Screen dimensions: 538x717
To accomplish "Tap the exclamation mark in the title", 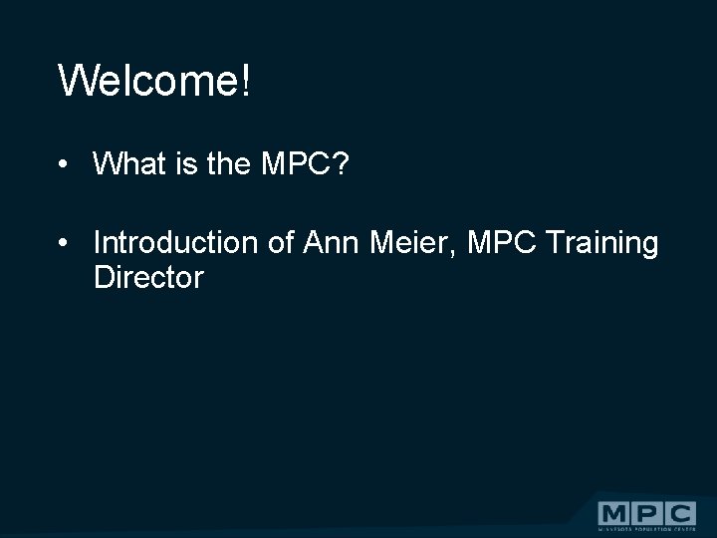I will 245,80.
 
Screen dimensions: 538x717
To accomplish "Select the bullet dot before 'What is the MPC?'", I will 62,165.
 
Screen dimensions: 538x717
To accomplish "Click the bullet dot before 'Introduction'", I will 62,243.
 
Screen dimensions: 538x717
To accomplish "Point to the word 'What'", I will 127,164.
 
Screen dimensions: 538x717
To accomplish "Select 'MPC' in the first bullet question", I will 296,164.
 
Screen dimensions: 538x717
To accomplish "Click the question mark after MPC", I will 341,164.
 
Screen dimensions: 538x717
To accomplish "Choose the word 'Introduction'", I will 176,242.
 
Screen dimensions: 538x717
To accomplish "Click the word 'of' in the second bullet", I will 282,242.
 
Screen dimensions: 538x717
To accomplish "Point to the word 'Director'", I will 148,278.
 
